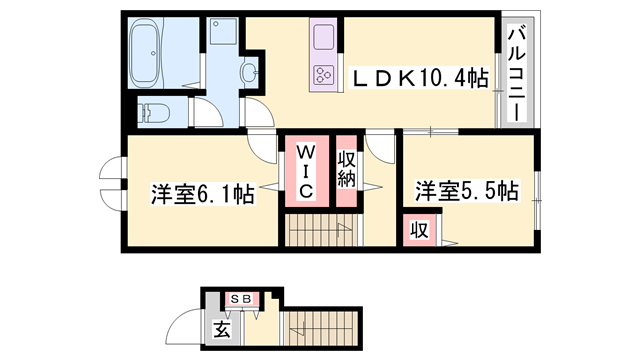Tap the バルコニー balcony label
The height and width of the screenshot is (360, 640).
click(x=516, y=75)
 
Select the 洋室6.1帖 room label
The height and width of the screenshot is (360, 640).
click(x=201, y=192)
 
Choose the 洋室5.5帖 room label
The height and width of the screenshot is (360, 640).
click(x=467, y=190)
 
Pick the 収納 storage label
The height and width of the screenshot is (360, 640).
click(x=346, y=171)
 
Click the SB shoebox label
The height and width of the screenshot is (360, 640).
click(x=241, y=298)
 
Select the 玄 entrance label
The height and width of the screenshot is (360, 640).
click(x=221, y=329)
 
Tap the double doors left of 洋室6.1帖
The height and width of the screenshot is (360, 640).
click(x=109, y=184)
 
